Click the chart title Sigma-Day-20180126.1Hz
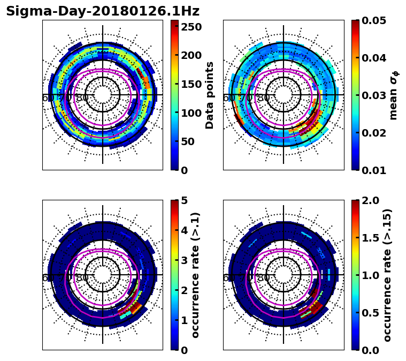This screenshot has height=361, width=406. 102,11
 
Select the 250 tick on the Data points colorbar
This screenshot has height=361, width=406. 191,26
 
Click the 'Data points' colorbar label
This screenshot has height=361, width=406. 210,95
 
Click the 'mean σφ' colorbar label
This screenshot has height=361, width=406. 393,95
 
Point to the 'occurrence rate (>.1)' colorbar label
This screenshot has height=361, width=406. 195,275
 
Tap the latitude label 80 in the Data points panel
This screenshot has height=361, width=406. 82,98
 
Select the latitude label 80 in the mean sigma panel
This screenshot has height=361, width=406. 263,98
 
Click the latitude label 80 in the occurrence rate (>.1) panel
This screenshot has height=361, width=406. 82,278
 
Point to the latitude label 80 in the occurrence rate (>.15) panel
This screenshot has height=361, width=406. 263,278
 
